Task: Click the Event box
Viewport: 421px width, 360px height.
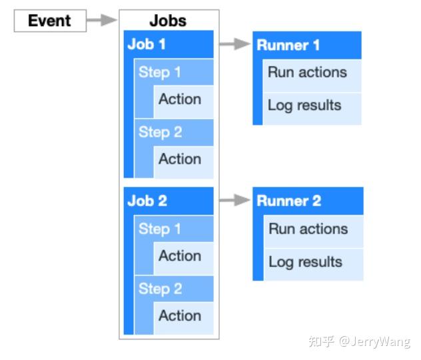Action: pos(51,21)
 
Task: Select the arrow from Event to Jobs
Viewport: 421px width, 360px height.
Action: pos(102,21)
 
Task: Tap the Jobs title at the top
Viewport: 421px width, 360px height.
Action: pos(168,20)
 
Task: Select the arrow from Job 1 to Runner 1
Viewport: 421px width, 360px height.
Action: pos(233,45)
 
